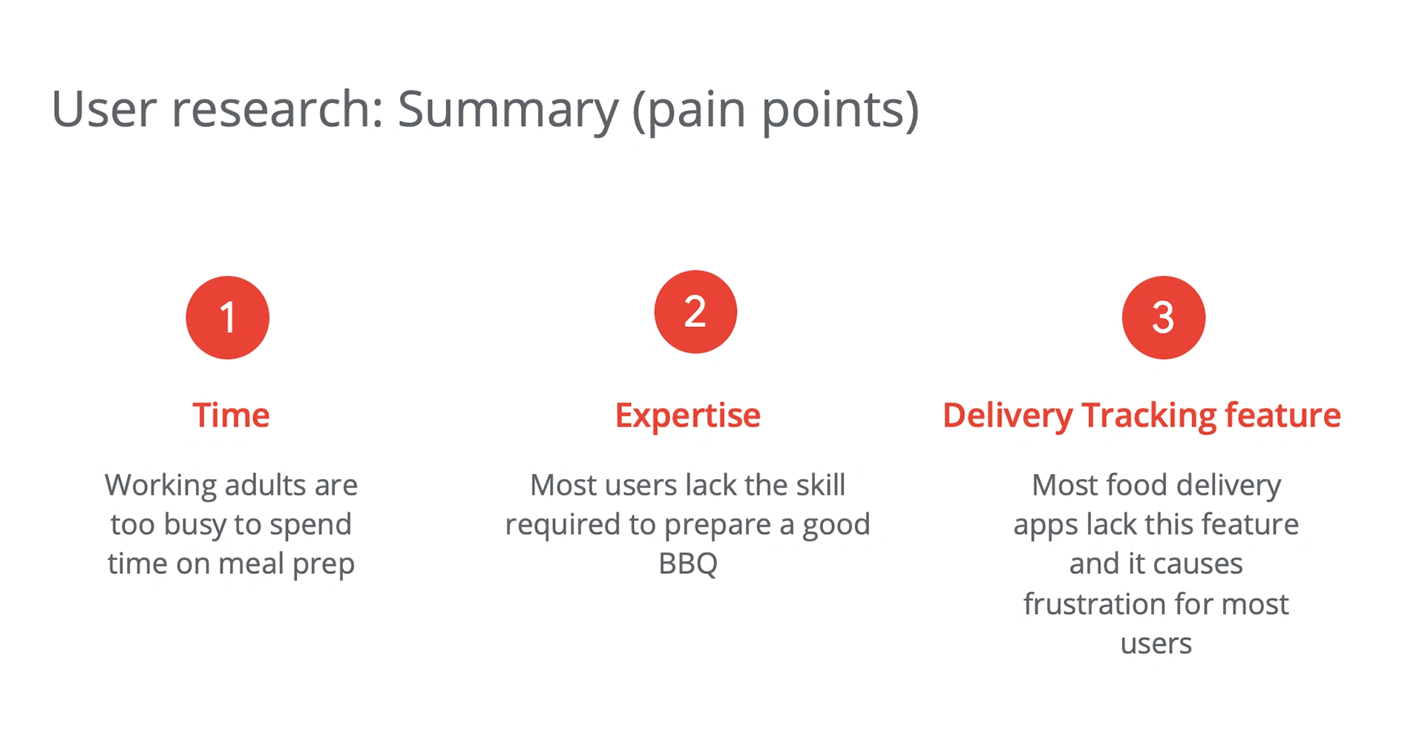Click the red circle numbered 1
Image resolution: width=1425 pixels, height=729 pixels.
point(227,317)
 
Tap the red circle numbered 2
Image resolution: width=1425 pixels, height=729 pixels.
point(695,311)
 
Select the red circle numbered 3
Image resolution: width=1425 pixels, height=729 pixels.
point(1163,317)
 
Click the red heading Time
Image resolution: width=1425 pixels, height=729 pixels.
point(231,415)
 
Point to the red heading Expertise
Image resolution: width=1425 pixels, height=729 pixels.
point(688,416)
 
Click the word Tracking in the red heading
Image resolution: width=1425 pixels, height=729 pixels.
point(1148,416)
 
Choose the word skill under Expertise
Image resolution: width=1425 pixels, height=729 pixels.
point(820,485)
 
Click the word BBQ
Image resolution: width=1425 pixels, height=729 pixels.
point(688,564)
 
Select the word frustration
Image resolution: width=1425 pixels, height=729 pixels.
point(1095,604)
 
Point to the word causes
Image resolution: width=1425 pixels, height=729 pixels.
point(1199,564)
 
